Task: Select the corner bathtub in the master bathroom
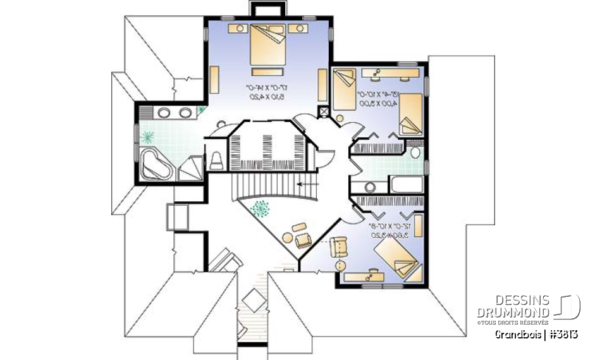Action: [x=155, y=163]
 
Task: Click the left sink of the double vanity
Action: [x=164, y=113]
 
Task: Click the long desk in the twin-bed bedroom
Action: [x=391, y=73]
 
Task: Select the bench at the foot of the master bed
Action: [x=269, y=70]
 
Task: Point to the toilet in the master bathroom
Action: [x=216, y=160]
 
